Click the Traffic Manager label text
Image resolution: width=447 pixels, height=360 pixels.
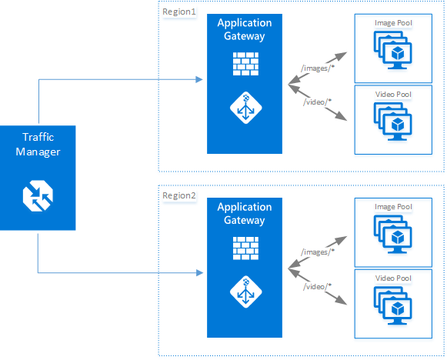[38, 145]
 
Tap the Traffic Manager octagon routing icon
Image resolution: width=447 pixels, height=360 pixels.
[38, 196]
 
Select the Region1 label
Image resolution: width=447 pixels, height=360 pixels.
[179, 12]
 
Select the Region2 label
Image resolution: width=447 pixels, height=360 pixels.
[179, 195]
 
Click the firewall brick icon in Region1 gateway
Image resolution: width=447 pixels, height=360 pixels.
[245, 64]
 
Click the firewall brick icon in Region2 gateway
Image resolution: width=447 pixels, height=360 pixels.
[245, 248]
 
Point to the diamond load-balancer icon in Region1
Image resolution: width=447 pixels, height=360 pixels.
[245, 108]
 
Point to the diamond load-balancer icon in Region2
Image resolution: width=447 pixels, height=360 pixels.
[245, 292]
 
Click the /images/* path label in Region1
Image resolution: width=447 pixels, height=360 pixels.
[318, 68]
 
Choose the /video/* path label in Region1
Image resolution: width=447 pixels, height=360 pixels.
[318, 102]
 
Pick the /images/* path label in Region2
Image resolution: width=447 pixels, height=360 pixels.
[318, 252]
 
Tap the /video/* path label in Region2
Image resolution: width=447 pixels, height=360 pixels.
[318, 286]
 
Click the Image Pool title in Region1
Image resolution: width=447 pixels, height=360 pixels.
[393, 23]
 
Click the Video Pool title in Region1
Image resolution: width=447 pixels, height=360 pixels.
[393, 95]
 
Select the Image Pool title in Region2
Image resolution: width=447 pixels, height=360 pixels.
[393, 207]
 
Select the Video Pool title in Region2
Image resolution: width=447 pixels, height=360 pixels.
[393, 278]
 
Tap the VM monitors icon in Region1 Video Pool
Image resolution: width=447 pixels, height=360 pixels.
[393, 122]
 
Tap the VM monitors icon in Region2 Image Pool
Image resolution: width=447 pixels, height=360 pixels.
[393, 235]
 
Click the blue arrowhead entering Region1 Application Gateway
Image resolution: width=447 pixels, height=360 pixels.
[199, 79]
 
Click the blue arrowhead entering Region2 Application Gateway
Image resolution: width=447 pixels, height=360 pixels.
[199, 273]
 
